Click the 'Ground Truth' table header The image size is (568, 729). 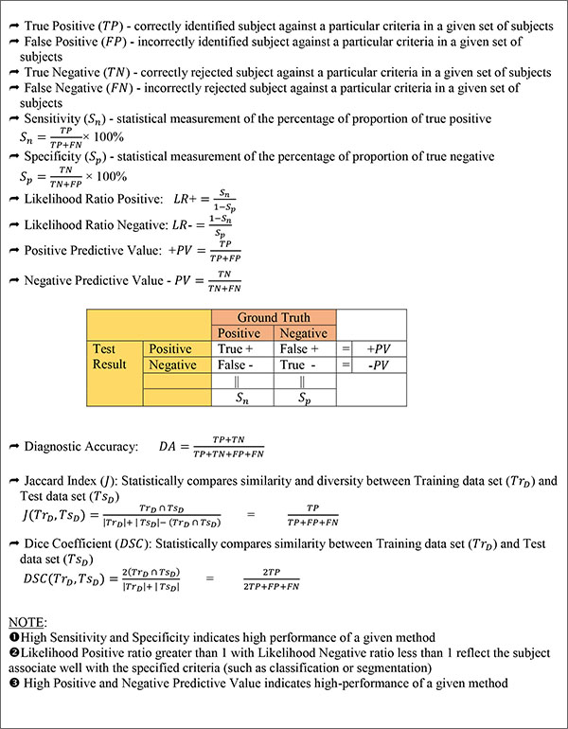click(274, 317)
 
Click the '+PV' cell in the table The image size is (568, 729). click(383, 349)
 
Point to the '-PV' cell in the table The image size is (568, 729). click(383, 365)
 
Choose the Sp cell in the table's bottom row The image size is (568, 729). click(305, 398)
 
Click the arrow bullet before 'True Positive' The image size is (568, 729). click(11, 10)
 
